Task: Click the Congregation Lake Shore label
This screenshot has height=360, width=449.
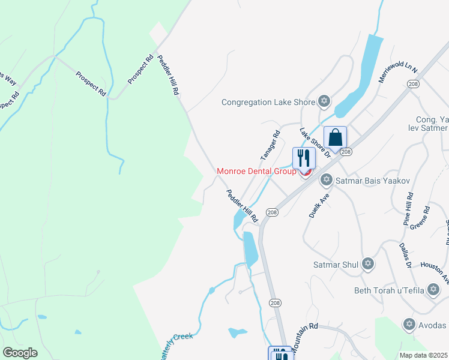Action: [x=268, y=102]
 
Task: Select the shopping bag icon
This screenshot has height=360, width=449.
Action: [x=336, y=138]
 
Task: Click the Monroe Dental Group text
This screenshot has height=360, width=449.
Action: [x=256, y=171]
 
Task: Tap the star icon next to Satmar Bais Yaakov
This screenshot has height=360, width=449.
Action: [x=327, y=179]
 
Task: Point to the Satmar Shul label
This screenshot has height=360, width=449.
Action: [x=336, y=264]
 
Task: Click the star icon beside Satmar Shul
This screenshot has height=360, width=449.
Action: [x=367, y=264]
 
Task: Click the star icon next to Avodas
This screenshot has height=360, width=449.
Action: [x=410, y=325]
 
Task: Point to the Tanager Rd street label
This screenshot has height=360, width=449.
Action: [x=270, y=146]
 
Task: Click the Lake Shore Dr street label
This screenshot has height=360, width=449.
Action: [x=315, y=143]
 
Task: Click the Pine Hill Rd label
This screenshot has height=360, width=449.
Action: [x=408, y=209]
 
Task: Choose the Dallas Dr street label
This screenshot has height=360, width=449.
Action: [x=405, y=255]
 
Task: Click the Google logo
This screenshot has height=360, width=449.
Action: [x=20, y=353]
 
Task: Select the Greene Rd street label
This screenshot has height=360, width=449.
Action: [x=420, y=218]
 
